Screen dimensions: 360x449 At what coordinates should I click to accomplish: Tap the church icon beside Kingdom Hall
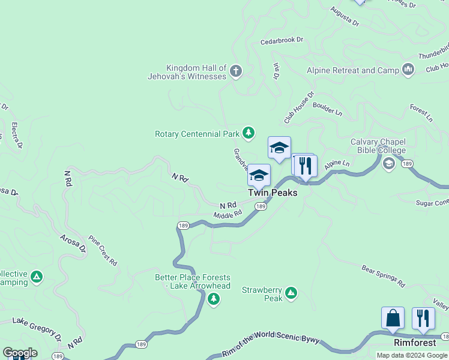pos(236,71)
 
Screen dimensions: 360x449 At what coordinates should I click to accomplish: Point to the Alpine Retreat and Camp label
pos(353,71)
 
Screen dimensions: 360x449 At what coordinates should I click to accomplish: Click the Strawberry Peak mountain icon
pos(291,293)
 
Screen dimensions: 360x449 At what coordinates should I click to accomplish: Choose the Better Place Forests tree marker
pos(213,299)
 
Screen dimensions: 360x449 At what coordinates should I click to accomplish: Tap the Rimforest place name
pos(415,343)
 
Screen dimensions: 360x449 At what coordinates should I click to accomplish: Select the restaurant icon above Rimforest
pos(424,317)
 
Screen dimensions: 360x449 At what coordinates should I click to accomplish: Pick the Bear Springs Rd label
pos(384,277)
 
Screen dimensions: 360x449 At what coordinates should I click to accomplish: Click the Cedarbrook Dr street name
pos(282,41)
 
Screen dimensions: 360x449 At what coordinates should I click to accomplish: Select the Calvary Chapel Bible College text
pos(378,146)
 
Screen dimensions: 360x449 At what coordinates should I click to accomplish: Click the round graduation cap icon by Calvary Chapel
pos(388,163)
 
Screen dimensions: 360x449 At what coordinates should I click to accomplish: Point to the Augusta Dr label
pos(345,17)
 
